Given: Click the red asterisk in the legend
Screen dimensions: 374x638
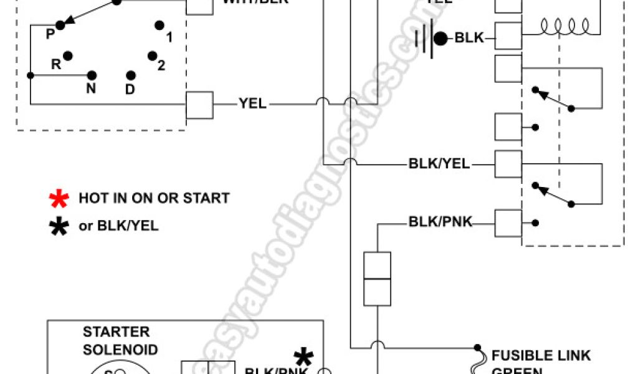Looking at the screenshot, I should (59, 199).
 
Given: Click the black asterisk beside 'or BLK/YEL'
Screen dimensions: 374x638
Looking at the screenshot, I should (59, 226).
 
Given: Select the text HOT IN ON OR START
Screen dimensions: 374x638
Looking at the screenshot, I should (154, 199).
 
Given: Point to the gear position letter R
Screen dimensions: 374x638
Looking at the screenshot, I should (55, 64).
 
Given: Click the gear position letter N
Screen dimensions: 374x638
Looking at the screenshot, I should (91, 89).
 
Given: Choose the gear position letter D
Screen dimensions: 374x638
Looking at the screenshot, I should (130, 90).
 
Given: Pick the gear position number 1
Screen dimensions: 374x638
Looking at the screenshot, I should (169, 37).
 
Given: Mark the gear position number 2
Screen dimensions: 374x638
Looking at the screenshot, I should (161, 65).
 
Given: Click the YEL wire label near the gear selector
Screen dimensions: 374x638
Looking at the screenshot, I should (252, 104).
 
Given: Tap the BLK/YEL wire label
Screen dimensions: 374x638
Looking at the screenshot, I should (439, 165).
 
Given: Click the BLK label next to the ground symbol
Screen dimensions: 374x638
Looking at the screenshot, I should (469, 38).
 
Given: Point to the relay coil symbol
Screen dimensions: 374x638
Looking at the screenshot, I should (564, 26).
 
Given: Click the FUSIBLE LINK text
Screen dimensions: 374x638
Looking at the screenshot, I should (541, 356).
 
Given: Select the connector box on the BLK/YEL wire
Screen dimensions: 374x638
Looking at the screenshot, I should (508, 165).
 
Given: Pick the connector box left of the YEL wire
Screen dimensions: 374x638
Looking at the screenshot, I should (200, 105).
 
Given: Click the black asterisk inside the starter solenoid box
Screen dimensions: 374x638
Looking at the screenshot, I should (303, 357).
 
